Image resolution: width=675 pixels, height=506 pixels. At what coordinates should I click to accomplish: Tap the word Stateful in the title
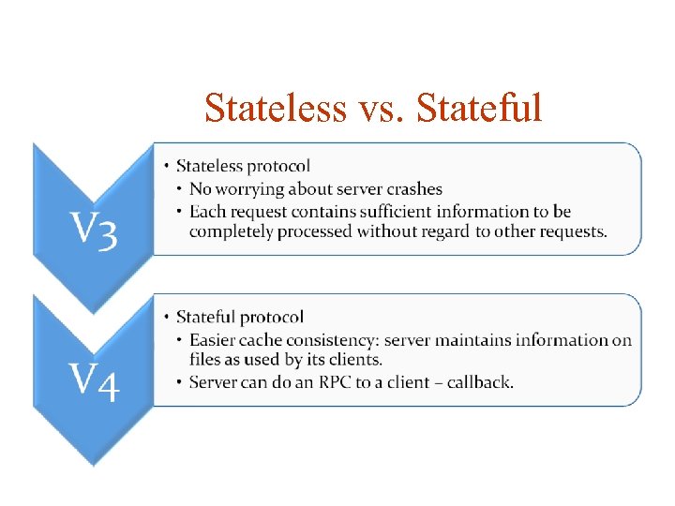[x=479, y=108]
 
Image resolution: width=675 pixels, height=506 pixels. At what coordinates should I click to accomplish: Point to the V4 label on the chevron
[x=91, y=381]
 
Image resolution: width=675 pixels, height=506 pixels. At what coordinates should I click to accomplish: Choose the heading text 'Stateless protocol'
[x=243, y=167]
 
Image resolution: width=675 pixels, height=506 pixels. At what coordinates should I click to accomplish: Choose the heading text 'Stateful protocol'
[x=240, y=318]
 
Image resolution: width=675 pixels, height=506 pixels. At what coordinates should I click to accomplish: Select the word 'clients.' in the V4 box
[x=352, y=360]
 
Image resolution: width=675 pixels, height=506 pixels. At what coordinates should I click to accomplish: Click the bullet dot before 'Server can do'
[x=179, y=381]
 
